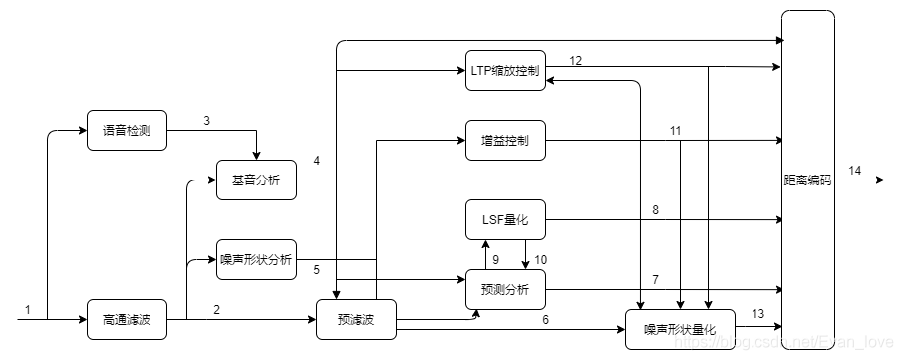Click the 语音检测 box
click(127, 130)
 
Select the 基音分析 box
click(256, 180)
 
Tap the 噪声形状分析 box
click(256, 259)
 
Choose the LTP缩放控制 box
click(506, 71)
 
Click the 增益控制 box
click(506, 141)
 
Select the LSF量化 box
click(506, 219)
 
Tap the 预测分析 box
click(506, 289)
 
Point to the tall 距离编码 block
click(807, 180)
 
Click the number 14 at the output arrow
click(855, 171)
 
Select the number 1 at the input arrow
click(28, 309)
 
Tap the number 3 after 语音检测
click(206, 121)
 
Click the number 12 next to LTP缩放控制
click(576, 60)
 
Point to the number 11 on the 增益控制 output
click(675, 131)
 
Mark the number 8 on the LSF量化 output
click(655, 209)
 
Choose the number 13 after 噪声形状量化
click(757, 314)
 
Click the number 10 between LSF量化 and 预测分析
click(541, 259)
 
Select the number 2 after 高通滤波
click(216, 309)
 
